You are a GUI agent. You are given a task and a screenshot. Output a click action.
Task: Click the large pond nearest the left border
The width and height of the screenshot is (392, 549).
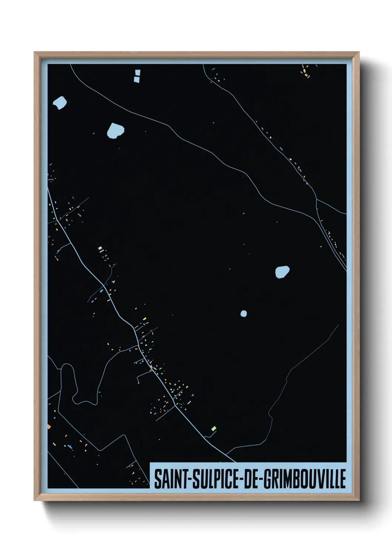pos(60,102)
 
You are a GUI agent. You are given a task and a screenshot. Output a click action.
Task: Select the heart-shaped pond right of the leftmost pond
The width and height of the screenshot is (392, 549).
pos(115,130)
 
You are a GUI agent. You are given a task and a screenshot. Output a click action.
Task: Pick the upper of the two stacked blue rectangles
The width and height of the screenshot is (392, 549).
pos(137,73)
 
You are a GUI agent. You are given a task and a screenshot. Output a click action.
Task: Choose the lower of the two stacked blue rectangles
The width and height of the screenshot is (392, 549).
pos(137,79)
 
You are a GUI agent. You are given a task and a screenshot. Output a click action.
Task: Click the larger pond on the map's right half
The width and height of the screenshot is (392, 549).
pos(282,272)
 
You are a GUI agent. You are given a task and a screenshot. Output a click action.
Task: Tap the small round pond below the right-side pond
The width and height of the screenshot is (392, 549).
pos(243,314)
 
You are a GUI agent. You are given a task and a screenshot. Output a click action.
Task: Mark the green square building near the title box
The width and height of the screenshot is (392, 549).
pos(213,429)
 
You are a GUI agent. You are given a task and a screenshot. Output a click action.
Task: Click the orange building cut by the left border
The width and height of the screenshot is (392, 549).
pos(49,427)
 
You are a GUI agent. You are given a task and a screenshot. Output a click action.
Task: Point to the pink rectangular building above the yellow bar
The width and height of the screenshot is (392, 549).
pos(100,248)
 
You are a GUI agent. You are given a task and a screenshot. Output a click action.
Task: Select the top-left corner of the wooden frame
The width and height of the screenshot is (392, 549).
pos(35,53)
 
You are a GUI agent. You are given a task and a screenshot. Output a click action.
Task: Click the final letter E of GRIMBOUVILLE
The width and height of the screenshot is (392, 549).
pos(343,479)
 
